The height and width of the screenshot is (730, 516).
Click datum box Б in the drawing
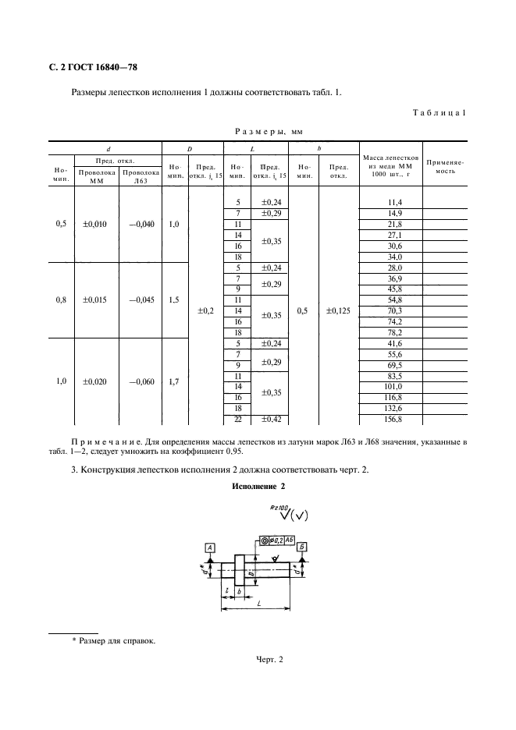(301, 548)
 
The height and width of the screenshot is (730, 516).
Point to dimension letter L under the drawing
(257, 605)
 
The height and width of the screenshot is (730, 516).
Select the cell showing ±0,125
(339, 310)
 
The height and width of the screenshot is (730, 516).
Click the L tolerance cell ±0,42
(270, 420)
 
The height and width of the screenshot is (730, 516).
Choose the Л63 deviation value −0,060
(140, 381)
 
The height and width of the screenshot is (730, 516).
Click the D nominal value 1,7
(174, 381)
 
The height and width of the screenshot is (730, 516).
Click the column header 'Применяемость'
(445, 165)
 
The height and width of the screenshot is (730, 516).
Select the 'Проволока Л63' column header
(141, 175)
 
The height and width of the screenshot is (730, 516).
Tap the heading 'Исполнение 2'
(258, 487)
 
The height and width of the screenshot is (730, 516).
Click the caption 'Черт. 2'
(258, 661)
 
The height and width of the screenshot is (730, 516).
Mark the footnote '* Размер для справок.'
(113, 641)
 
